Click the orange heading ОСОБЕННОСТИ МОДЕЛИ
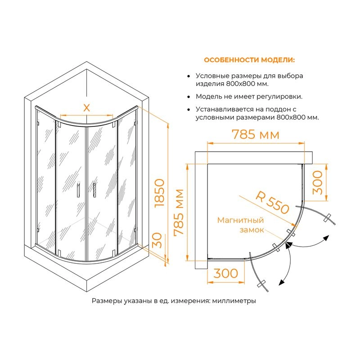[x=249, y=60]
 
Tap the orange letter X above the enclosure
[x=86, y=108]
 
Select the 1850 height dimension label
[x=159, y=193]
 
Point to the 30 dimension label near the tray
[x=157, y=240]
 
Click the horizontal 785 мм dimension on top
[x=256, y=134]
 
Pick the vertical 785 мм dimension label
[x=179, y=212]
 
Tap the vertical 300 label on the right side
[x=318, y=182]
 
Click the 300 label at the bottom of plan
[x=226, y=273]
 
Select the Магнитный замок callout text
[x=241, y=225]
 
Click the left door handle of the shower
[x=78, y=189]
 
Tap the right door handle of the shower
[x=94, y=189]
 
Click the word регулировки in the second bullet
[x=279, y=96]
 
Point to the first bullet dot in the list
[x=189, y=76]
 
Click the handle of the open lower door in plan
[x=261, y=283]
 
